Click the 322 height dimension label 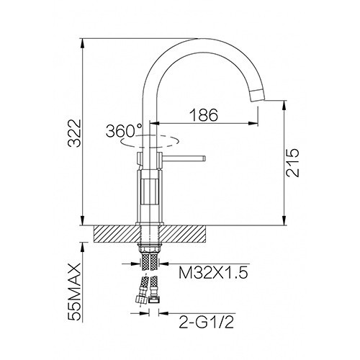click(x=74, y=132)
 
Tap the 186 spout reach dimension click(x=204, y=114)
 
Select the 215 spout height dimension click(x=293, y=163)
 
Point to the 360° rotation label click(x=124, y=131)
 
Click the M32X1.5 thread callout click(x=213, y=273)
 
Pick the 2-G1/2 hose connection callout click(x=206, y=322)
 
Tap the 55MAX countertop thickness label click(x=74, y=292)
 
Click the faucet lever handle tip click(x=204, y=158)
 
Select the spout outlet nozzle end click(x=258, y=95)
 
